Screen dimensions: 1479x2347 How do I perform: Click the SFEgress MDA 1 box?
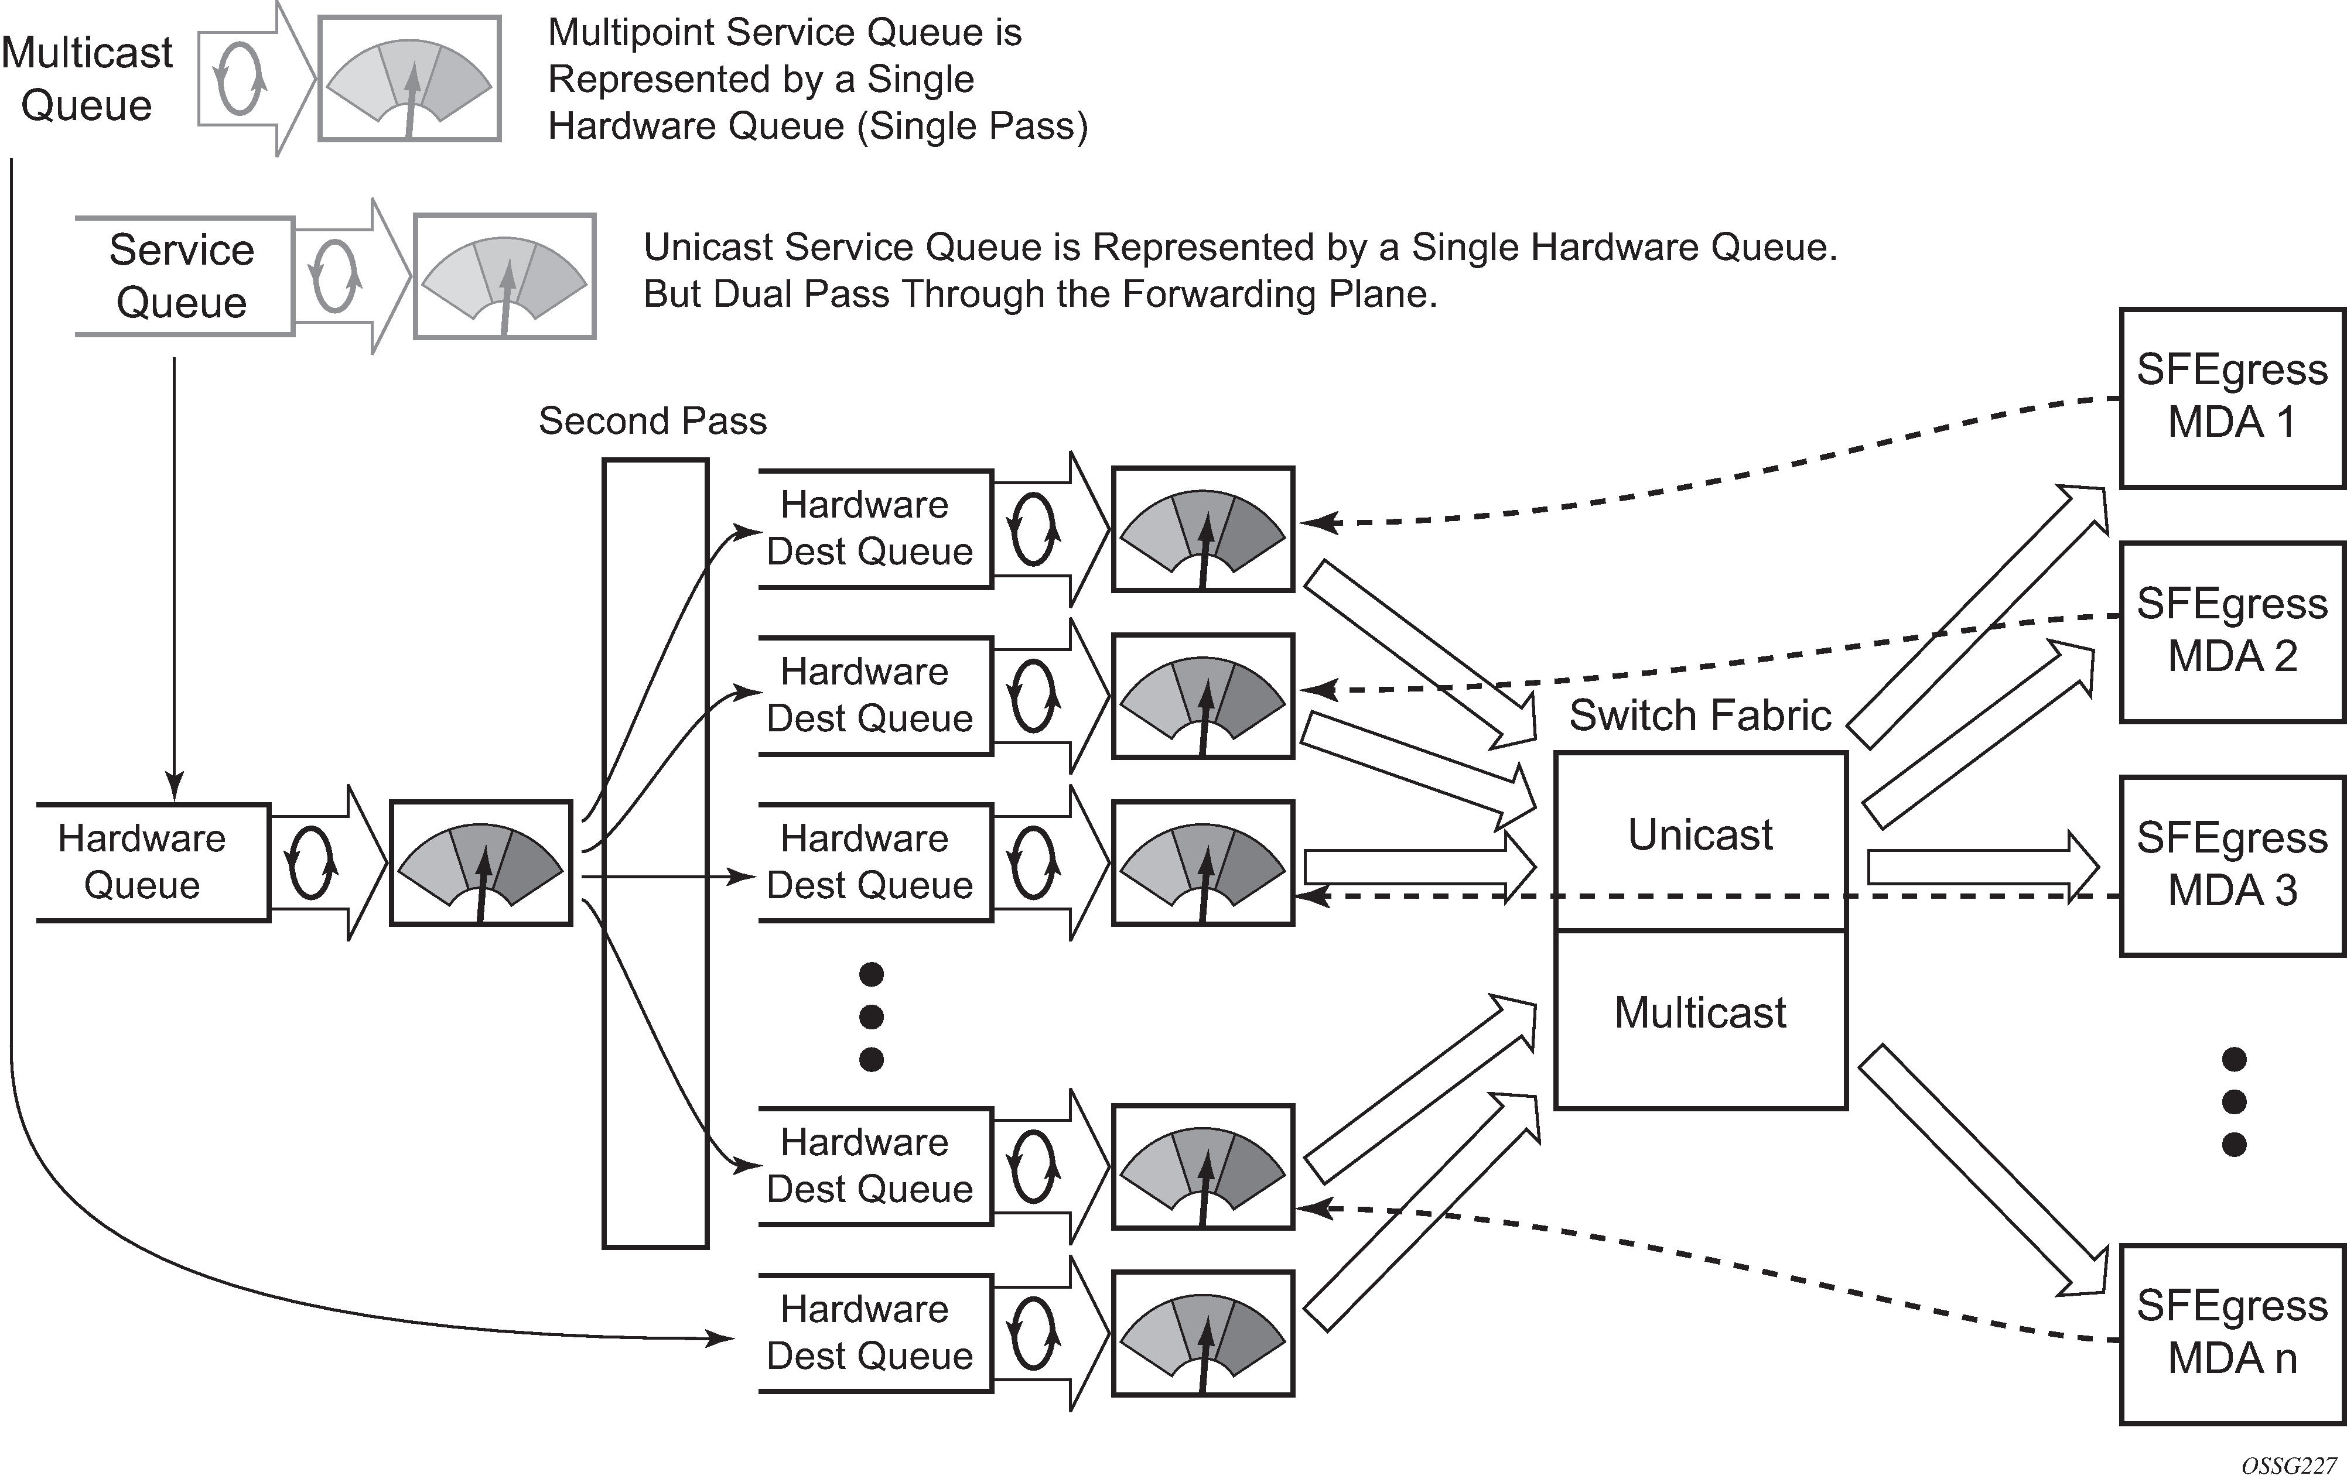[2232, 398]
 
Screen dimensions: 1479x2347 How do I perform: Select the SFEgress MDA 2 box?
[2232, 631]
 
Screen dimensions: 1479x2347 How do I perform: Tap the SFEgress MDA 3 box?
[2232, 865]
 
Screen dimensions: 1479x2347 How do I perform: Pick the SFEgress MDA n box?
[2232, 1333]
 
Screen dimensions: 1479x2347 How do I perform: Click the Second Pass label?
[652, 421]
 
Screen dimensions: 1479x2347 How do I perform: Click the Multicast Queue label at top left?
[87, 78]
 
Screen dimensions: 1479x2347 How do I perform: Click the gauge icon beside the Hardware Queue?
[480, 863]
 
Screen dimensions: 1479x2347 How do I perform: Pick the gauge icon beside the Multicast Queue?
[409, 78]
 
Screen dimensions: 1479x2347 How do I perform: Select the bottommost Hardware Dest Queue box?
[870, 1333]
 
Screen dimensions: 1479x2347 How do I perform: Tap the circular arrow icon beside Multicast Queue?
[240, 78]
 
